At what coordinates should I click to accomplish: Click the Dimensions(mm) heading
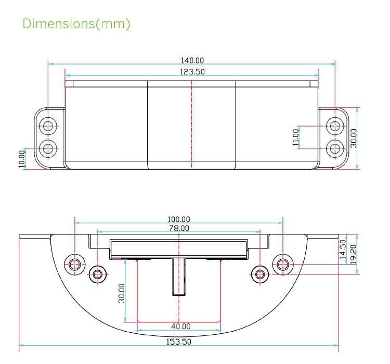click(76, 24)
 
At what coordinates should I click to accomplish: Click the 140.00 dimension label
click(192, 61)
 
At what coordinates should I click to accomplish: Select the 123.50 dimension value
click(192, 71)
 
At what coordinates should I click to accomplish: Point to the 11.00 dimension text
click(296, 138)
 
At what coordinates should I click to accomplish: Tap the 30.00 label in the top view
click(354, 138)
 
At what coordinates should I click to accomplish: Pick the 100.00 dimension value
click(178, 220)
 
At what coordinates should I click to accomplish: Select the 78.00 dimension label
click(178, 229)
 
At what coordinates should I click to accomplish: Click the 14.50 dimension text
click(342, 249)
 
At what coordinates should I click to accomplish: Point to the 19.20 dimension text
click(354, 254)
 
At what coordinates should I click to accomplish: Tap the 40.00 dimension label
click(178, 327)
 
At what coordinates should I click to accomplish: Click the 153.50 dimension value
click(178, 342)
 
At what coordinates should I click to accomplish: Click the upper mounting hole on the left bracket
click(49, 125)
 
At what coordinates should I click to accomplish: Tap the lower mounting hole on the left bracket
click(49, 149)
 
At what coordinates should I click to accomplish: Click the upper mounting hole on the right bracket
click(334, 125)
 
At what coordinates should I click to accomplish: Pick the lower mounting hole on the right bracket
click(334, 149)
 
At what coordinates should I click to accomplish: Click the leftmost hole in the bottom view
click(74, 263)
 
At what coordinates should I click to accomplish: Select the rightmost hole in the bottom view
click(283, 263)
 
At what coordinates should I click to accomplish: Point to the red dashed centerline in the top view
click(192, 125)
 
